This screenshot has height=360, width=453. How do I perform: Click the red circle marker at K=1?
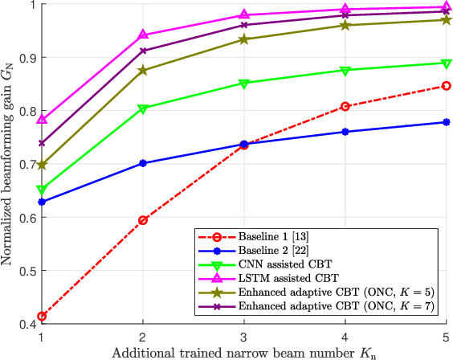(42, 317)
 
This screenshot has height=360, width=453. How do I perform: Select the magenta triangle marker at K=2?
(143, 35)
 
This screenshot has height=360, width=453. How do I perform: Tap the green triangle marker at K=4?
(345, 71)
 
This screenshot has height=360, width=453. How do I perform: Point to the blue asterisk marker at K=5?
(446, 122)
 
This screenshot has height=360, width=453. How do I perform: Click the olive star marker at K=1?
(42, 165)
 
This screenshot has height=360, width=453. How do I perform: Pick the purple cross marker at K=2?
(143, 51)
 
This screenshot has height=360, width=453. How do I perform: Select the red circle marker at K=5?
(446, 86)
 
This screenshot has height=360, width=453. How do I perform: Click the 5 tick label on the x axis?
(446, 337)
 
